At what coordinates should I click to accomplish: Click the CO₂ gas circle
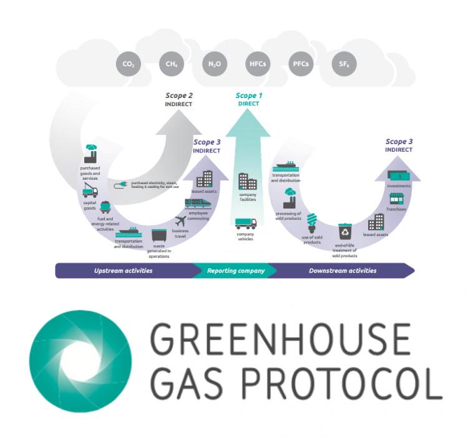(129, 64)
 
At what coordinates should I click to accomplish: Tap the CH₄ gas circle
(170, 64)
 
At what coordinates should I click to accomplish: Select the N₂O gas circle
(213, 64)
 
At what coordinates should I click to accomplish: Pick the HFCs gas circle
(256, 64)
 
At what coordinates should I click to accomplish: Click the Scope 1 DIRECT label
(248, 99)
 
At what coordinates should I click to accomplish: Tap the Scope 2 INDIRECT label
(178, 99)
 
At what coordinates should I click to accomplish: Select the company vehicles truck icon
(245, 223)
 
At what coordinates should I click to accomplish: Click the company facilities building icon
(247, 182)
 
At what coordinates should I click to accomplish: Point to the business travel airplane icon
(180, 220)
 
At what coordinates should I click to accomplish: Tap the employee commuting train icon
(198, 204)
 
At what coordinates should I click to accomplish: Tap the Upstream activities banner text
(122, 271)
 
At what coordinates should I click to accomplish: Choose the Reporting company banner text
(236, 271)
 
